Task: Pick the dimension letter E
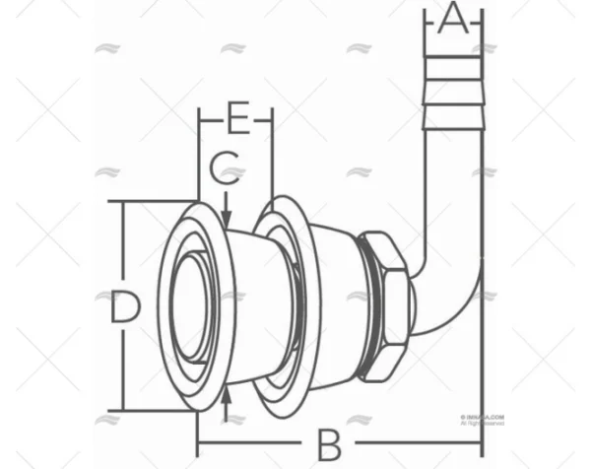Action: point(236,119)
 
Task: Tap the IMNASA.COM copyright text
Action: point(482,418)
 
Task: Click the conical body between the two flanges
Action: point(241,305)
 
